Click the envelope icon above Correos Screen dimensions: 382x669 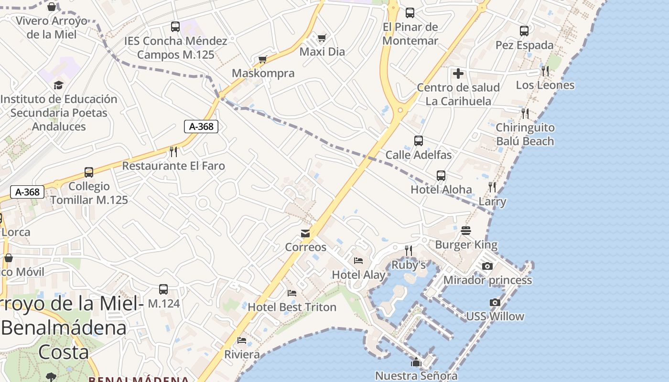(305, 233)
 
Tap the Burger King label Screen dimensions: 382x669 (466, 245)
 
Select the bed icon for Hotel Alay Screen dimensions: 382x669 (358, 261)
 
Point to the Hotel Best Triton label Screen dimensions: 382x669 (292, 307)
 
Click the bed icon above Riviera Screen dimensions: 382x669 (242, 340)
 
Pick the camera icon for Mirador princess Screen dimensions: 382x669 (487, 266)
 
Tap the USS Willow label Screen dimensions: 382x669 (495, 316)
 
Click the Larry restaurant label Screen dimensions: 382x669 (492, 202)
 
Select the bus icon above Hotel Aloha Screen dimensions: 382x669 (441, 176)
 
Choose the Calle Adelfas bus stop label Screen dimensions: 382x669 (419, 155)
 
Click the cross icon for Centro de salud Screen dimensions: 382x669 (458, 74)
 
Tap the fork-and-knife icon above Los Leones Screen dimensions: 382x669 (545, 71)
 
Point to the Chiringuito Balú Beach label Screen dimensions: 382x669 (525, 134)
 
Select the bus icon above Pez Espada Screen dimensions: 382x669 (524, 32)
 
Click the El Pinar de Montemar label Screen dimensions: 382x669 (410, 33)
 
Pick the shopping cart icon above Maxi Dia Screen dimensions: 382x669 (322, 38)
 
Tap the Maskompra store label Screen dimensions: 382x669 (263, 73)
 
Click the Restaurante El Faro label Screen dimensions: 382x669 (173, 166)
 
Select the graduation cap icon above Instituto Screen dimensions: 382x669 (58, 85)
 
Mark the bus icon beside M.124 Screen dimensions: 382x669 (163, 289)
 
